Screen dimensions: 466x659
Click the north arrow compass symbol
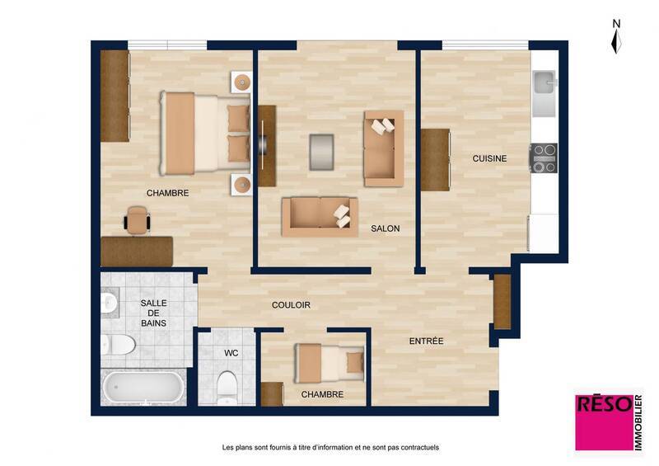616,37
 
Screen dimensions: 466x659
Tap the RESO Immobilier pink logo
609,420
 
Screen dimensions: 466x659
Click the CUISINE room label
489,158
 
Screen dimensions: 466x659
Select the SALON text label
385,228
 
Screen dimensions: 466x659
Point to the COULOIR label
291,305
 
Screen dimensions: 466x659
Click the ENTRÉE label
427,341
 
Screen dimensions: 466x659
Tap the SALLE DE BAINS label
153,313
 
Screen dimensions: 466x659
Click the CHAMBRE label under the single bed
322,394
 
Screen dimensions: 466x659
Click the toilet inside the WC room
227,385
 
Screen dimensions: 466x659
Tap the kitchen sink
544,83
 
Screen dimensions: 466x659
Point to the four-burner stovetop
543,158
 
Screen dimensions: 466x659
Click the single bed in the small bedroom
330,361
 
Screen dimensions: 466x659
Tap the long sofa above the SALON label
320,216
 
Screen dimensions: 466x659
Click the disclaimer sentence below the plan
330,448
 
